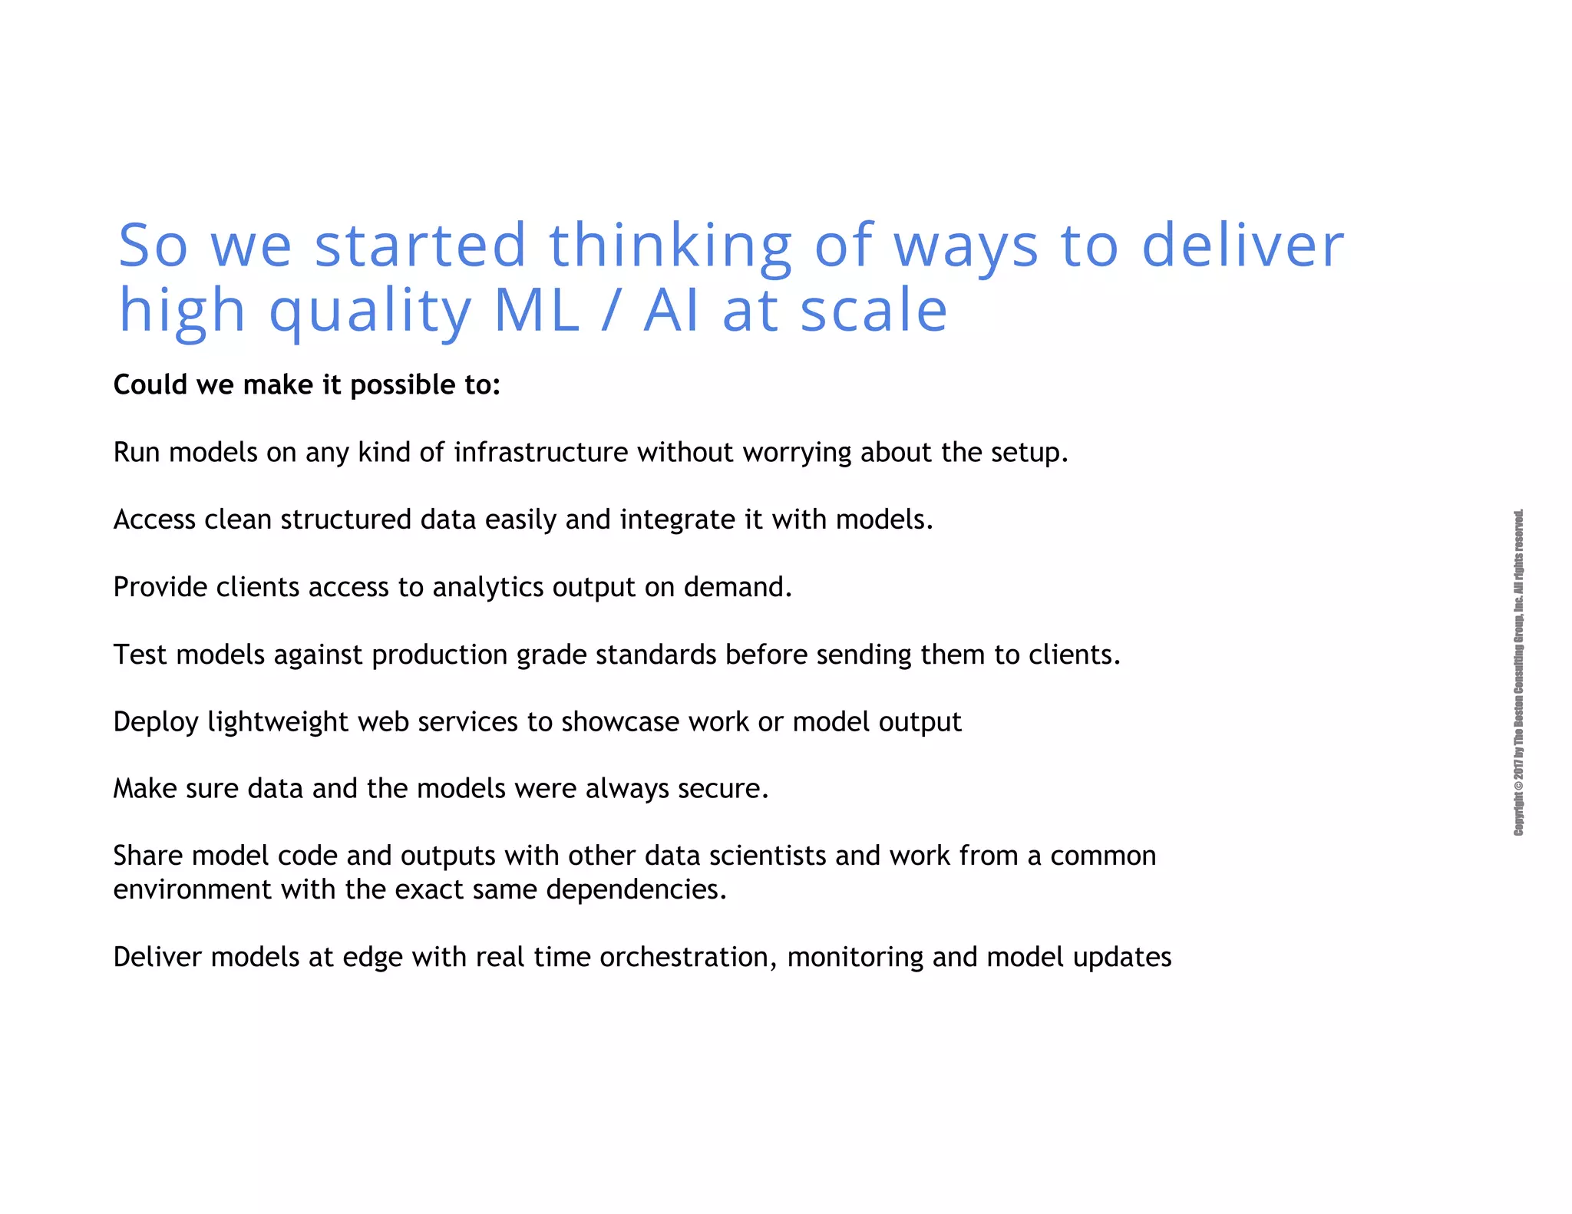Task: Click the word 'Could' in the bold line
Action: (x=150, y=384)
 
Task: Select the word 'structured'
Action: (x=345, y=520)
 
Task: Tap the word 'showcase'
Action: (x=619, y=722)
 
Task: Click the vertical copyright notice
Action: (x=1518, y=672)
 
